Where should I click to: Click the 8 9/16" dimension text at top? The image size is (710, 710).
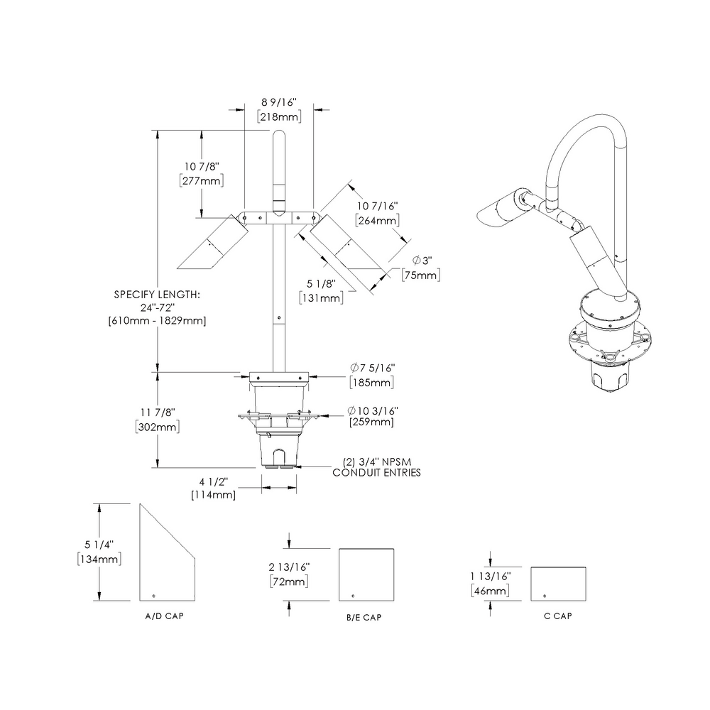pos(279,102)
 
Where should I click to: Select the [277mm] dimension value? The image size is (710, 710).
pos(202,181)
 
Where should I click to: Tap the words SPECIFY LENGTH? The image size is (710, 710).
pos(157,293)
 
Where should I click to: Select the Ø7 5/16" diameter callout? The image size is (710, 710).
pos(372,368)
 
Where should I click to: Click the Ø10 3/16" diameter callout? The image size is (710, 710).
pos(372,410)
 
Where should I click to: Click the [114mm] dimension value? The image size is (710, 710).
pos(213,495)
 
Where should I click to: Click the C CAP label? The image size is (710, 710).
pos(557,616)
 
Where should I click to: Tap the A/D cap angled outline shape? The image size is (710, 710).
pos(165,561)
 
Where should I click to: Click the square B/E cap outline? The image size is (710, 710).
pos(366,574)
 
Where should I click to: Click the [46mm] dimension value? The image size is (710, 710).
pos(489,591)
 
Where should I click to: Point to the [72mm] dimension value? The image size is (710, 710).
pos(288,581)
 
